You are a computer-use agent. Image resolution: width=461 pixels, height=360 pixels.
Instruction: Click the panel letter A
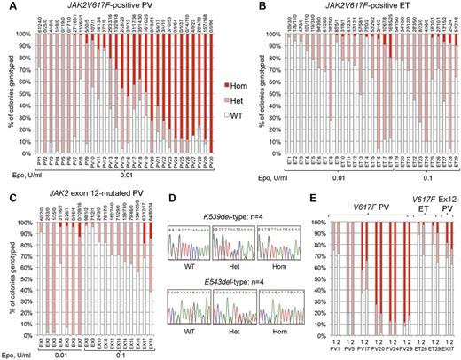(5, 7)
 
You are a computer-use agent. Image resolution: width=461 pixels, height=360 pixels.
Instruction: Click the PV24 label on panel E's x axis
(391, 353)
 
